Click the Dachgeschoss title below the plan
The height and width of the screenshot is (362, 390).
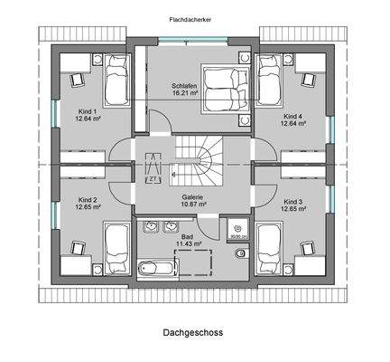[193, 332]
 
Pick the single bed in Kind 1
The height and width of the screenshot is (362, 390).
[115, 81]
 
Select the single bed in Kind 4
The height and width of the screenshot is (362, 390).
[268, 81]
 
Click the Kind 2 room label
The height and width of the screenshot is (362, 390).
[87, 200]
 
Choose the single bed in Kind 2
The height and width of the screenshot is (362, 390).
[115, 245]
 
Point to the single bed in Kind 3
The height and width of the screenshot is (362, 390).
[268, 245]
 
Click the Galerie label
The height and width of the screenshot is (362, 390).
[192, 196]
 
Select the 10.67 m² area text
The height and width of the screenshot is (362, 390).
[192, 205]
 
